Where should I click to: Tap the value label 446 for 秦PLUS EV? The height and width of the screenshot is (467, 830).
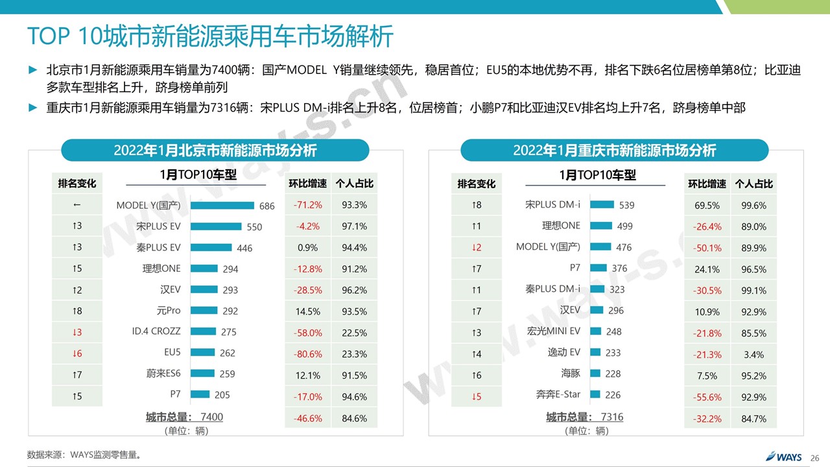click(x=244, y=248)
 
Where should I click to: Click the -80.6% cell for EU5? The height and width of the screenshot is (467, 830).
click(x=308, y=354)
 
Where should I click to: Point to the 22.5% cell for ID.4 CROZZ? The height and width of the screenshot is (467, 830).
click(x=354, y=333)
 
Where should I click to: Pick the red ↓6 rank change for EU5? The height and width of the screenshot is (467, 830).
click(x=77, y=353)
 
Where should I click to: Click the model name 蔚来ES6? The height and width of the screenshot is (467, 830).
click(x=163, y=374)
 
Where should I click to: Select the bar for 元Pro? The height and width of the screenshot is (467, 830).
click(x=204, y=311)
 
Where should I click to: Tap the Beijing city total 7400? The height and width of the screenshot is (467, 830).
click(x=212, y=417)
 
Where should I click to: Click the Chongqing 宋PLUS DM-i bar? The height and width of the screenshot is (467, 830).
click(x=602, y=205)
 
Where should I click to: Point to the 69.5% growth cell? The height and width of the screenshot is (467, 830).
click(x=707, y=206)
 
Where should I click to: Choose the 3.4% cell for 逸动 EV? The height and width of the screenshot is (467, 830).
click(x=753, y=355)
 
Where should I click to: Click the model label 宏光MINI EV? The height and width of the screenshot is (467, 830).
click(x=553, y=331)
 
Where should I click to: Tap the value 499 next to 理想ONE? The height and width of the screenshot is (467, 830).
click(x=624, y=226)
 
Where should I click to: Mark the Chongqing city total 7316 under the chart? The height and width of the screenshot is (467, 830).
click(x=611, y=417)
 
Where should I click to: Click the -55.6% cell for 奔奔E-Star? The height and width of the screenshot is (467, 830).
click(x=707, y=397)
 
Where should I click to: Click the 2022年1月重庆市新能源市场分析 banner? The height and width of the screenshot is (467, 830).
click(x=614, y=150)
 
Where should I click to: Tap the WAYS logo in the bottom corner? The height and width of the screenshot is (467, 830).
click(x=783, y=456)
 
